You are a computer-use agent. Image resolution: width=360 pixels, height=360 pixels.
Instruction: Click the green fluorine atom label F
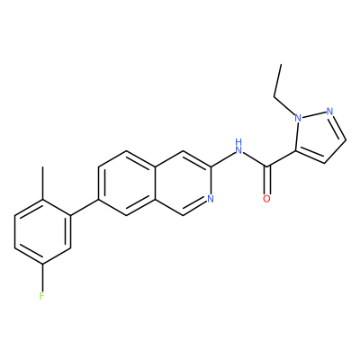[42, 296]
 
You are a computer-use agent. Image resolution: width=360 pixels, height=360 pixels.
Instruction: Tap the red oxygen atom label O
[266, 199]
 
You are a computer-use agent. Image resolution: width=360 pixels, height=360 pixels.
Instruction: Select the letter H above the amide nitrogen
[238, 141]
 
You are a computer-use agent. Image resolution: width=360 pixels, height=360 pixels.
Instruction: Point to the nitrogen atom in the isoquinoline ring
[211, 199]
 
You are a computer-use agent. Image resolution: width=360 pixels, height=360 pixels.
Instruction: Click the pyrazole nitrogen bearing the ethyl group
[298, 118]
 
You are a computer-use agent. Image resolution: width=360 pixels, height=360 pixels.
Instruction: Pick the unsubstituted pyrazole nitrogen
[329, 112]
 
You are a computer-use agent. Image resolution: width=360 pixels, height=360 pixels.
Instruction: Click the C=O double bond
[267, 180]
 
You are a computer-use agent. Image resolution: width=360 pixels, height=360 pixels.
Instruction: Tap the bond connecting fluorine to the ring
[42, 277]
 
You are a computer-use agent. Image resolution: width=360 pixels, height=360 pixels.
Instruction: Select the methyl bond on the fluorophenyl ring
[42, 183]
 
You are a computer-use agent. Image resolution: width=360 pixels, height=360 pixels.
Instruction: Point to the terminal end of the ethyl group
[281, 64]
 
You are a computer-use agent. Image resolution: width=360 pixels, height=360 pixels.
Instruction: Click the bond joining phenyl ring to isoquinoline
[85, 207]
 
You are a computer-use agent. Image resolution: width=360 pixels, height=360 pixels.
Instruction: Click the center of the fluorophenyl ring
[42, 231]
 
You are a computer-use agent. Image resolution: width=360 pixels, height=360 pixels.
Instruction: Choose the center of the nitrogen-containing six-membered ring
[183, 183]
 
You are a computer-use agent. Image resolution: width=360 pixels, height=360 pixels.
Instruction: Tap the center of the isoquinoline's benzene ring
[127, 183]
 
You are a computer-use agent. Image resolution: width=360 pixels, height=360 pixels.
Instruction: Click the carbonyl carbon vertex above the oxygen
[267, 166]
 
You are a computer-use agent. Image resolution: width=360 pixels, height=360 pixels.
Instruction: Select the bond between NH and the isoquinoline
[222, 159]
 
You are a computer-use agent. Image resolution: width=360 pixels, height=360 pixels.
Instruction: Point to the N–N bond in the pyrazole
[314, 114]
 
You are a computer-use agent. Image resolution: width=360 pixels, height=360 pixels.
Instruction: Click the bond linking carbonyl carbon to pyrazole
[281, 158]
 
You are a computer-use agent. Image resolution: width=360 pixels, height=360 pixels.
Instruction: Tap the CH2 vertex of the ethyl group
[274, 96]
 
